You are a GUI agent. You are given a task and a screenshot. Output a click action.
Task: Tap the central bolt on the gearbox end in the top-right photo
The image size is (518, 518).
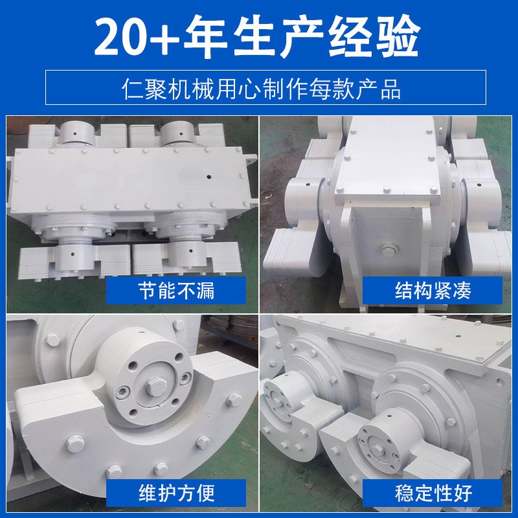coord(388,249)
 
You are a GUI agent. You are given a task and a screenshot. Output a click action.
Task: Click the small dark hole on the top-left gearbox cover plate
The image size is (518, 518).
coord(208,175)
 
